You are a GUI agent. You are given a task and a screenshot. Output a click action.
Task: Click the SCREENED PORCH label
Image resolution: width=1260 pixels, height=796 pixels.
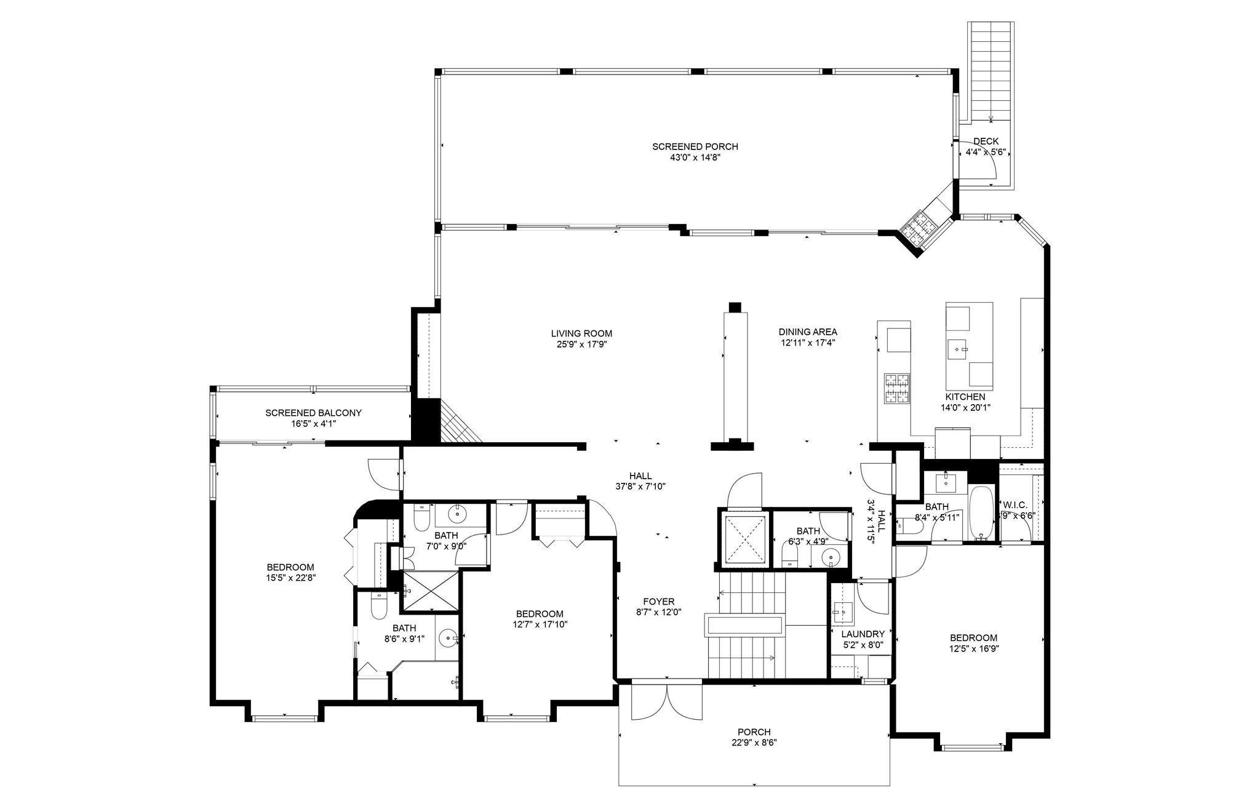695,146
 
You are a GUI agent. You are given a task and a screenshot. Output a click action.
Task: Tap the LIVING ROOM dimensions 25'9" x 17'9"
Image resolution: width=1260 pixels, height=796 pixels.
581,344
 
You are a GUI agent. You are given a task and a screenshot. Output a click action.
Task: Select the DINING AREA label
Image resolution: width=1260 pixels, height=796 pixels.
807,332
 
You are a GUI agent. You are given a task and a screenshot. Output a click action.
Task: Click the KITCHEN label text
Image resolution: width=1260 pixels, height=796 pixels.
965,397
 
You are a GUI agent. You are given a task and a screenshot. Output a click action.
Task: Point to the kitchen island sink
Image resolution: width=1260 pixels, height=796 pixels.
957,349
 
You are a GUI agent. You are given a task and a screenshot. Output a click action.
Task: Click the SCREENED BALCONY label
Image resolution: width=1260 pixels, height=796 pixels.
313,413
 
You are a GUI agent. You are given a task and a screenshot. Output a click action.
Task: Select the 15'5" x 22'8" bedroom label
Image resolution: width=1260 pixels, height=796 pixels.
290,567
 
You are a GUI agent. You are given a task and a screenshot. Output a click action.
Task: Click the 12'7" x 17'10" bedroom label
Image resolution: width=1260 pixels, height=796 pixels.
539,614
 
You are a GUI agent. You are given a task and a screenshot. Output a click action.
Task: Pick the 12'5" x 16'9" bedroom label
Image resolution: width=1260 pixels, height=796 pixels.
973,638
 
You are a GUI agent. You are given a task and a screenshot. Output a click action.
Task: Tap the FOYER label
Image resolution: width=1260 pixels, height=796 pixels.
658,602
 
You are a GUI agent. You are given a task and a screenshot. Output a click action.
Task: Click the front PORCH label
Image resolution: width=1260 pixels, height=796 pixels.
754,732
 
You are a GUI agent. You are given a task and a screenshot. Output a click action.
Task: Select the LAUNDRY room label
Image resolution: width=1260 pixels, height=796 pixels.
863,634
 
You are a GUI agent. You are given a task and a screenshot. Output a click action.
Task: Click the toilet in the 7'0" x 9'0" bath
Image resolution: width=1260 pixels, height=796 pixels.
421,519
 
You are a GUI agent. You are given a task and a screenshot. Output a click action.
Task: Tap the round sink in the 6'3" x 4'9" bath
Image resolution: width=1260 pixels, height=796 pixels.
831,559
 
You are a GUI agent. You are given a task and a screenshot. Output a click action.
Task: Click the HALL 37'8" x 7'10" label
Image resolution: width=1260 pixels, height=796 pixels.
640,476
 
